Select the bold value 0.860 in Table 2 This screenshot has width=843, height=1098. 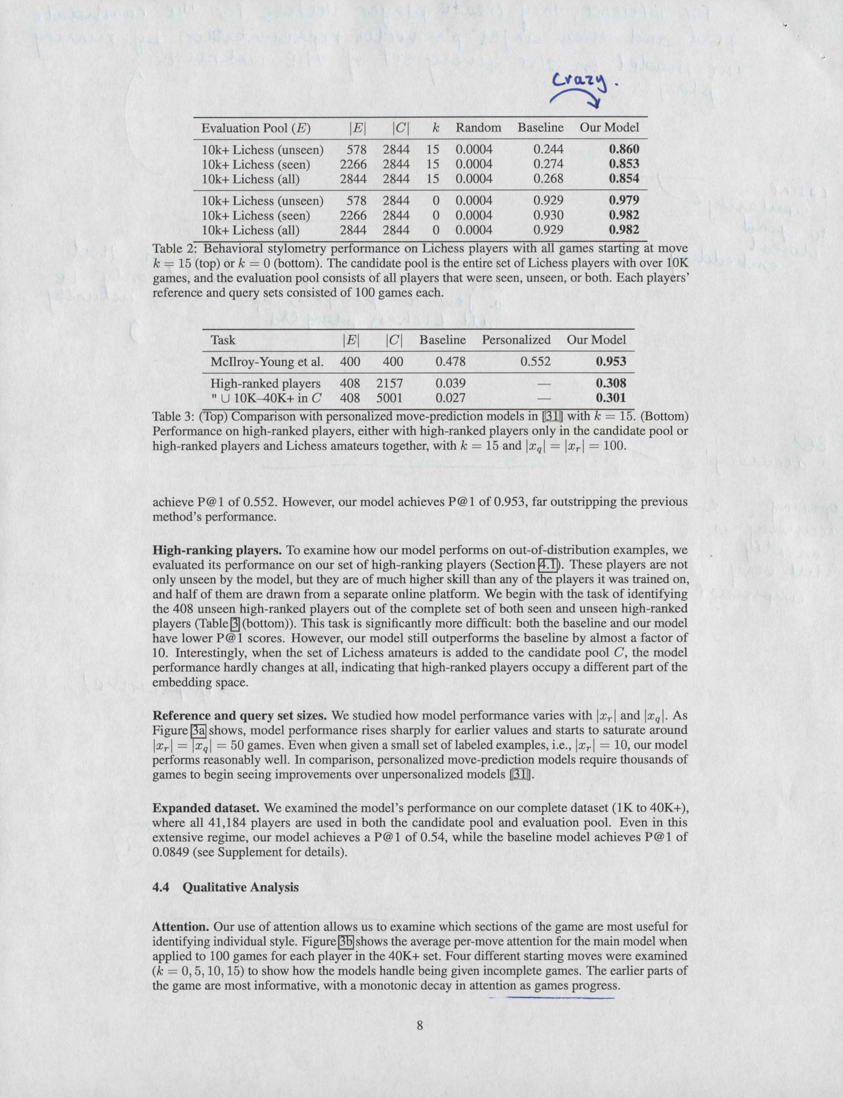pyautogui.click(x=624, y=149)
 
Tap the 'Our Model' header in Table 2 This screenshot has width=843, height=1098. pyautogui.click(x=609, y=127)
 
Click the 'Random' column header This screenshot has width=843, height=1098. pyautogui.click(x=478, y=127)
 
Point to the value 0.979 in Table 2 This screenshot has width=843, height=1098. pyautogui.click(x=624, y=200)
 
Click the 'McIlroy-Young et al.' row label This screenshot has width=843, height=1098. pyautogui.click(x=267, y=361)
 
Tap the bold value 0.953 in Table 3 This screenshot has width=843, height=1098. pyautogui.click(x=611, y=361)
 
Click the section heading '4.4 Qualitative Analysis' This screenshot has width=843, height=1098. pyautogui.click(x=225, y=887)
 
